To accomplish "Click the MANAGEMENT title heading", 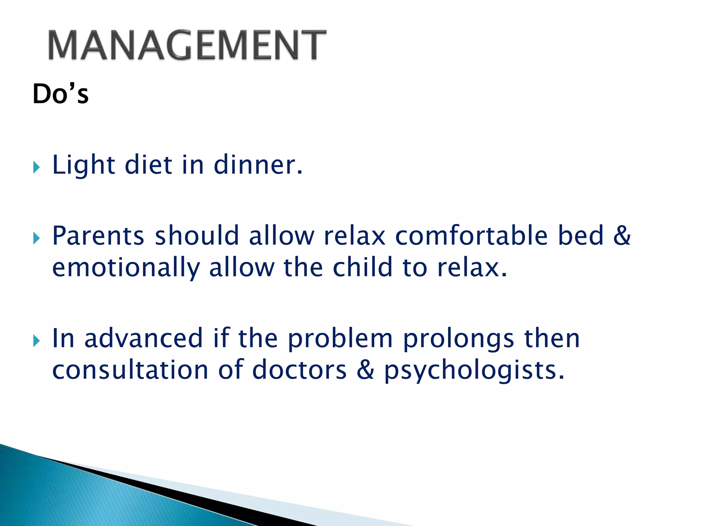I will point(187,45).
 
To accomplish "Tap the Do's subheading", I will point(60,94).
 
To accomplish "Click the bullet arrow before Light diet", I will point(36,167).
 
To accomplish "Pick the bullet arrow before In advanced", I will point(36,341).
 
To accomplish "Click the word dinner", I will point(258,165).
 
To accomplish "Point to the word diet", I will point(148,165).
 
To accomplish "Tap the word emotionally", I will point(126,268).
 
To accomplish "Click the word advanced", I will point(144,338).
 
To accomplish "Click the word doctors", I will point(299,370).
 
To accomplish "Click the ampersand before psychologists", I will point(365,370).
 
